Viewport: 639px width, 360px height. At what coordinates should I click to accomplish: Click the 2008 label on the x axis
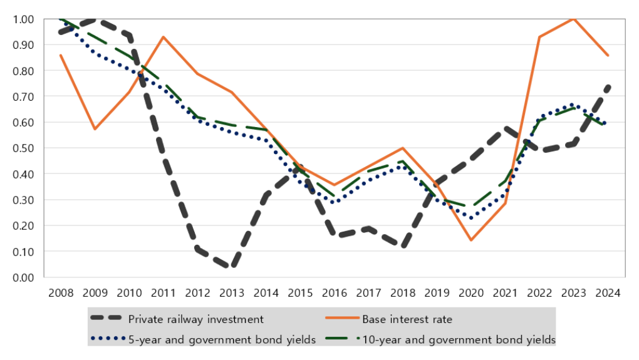click(61, 293)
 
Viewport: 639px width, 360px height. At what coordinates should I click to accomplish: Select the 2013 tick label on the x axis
click(232, 293)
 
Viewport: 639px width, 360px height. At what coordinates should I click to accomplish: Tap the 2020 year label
click(471, 293)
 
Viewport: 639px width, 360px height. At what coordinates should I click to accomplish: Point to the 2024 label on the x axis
click(608, 293)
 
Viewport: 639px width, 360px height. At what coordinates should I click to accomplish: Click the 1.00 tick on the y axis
click(23, 19)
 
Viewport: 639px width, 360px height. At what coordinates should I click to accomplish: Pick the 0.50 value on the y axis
click(23, 148)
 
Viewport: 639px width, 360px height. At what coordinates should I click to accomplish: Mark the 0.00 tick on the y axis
click(23, 278)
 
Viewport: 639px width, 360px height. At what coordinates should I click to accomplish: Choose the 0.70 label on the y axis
click(23, 96)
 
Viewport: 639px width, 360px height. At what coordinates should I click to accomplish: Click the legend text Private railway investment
click(196, 319)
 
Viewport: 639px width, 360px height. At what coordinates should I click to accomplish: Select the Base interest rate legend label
click(407, 319)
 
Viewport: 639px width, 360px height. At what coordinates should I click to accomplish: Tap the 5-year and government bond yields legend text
click(222, 339)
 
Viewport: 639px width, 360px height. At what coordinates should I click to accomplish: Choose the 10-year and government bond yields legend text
click(459, 339)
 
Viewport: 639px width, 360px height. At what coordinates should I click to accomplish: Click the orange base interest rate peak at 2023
click(574, 19)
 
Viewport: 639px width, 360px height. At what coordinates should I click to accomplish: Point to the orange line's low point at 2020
click(471, 240)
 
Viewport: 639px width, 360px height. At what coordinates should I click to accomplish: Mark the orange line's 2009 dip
click(95, 129)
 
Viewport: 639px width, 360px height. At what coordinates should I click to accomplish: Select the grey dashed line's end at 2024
click(608, 87)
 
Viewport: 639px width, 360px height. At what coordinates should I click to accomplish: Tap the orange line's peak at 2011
click(164, 37)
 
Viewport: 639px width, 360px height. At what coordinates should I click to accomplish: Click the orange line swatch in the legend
click(342, 318)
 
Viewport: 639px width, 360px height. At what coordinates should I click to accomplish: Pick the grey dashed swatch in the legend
click(106, 318)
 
